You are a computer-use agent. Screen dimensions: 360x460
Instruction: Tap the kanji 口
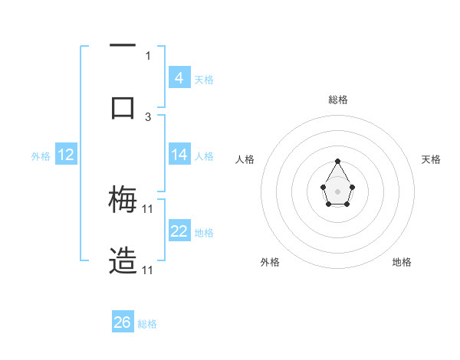click(123, 107)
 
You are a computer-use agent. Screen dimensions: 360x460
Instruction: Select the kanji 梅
click(123, 201)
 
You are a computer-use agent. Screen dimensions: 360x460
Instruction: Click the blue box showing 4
click(179, 77)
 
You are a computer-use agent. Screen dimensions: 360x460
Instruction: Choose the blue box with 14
click(179, 154)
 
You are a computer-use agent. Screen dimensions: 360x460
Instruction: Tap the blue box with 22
click(179, 231)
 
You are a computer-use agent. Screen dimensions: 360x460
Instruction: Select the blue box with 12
click(65, 155)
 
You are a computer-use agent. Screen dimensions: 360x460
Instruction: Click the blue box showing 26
click(123, 322)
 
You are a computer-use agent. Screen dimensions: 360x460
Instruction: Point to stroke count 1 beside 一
click(148, 55)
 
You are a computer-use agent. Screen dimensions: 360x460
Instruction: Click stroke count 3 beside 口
click(148, 116)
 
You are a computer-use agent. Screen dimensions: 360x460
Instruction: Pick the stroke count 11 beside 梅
click(148, 208)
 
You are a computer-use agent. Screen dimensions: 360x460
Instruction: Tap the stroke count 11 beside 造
click(148, 270)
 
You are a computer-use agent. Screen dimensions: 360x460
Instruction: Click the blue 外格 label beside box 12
click(41, 155)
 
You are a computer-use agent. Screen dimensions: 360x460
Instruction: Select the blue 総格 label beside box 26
click(147, 324)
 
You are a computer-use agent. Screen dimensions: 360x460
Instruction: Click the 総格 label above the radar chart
click(338, 100)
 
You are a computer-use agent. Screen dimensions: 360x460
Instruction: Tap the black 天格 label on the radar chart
click(431, 159)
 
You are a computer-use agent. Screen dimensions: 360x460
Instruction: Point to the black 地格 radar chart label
click(402, 262)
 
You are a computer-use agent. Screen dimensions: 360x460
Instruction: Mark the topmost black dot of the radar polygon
click(338, 161)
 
